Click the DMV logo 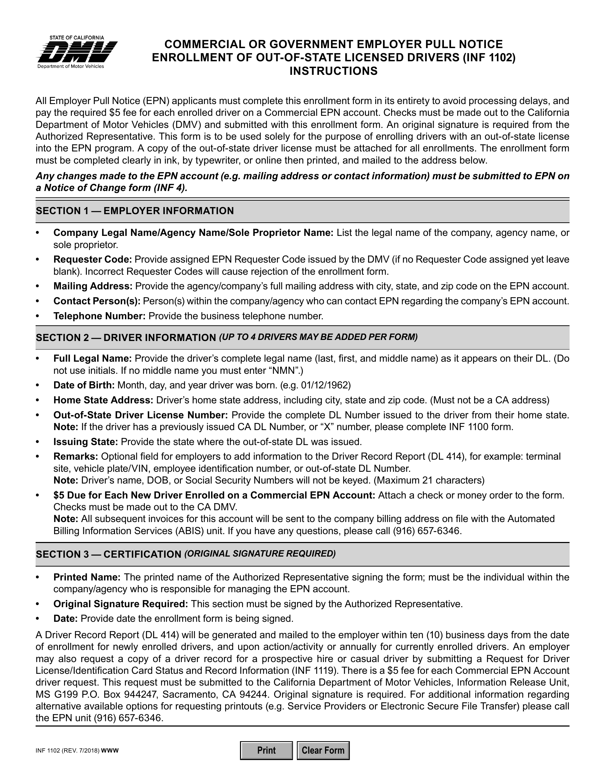77,52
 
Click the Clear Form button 323,750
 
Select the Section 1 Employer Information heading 135,211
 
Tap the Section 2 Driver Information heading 126,337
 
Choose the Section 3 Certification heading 109,554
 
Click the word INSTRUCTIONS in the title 333,71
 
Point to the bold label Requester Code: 93,259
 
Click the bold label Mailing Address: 93,286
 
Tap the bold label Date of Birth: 84,385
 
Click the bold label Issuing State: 86,442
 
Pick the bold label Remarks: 76,456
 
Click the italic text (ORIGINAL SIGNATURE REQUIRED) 260,553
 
